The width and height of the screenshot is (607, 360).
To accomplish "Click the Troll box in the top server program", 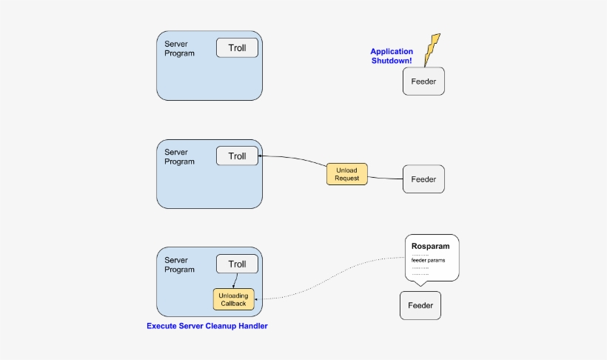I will coord(237,48).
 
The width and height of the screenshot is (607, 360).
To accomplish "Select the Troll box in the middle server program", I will coord(237,156).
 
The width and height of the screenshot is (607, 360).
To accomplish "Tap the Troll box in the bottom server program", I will coord(237,264).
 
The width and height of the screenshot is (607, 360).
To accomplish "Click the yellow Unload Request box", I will coord(346,174).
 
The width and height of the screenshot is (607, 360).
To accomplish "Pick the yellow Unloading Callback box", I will coord(233,299).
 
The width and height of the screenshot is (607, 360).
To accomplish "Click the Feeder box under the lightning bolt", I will coord(423,81).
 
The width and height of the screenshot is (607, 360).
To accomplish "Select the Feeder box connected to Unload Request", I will coord(423,179).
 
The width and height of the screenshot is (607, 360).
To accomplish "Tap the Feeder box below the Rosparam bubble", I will coord(420,305).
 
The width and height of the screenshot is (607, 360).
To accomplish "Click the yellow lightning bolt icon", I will coord(432,49).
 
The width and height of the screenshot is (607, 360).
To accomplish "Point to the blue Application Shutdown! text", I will coord(392,56).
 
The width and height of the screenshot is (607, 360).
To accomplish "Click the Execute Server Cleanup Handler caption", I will coord(207,326).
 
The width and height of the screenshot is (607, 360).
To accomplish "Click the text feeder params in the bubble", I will coord(428,260).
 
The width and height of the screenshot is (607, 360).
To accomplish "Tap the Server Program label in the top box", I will coord(179,49).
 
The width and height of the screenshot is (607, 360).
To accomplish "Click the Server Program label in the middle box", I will coord(179,157).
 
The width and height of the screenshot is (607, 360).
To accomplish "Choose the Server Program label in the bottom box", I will coord(179,265).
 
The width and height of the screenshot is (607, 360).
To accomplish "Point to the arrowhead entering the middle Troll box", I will coord(261,156).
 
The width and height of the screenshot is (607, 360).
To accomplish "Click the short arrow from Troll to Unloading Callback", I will coord(235,281).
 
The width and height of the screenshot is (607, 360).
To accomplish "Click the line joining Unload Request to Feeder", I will coord(385,179).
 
